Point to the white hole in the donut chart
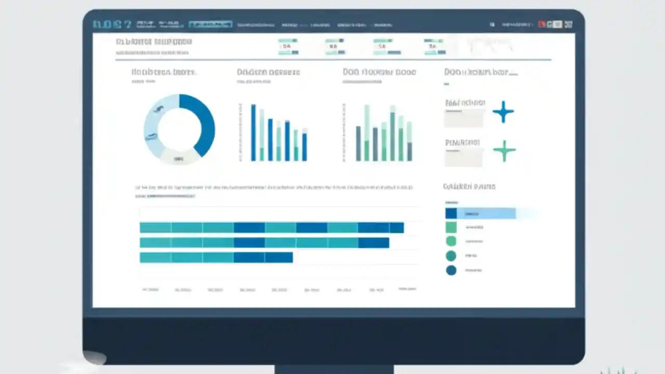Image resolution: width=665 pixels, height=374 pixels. pos(179,128)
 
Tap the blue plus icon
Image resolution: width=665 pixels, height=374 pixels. pos(503,112)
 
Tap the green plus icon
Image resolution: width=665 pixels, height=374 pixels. pos(504,151)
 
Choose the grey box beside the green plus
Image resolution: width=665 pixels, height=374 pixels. pos(463,157)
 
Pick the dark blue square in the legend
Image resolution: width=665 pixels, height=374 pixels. pos(451,213)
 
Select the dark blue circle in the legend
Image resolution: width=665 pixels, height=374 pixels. pos(451,270)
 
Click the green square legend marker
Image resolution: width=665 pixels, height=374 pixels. pos(451,227)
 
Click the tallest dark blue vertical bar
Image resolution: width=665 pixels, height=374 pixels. pos(254,132)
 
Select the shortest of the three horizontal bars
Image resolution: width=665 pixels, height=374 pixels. pos(216,257)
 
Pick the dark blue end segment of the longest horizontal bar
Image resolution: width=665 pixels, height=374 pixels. pos(396,228)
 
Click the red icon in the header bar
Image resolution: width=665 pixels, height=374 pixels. pos(542,24)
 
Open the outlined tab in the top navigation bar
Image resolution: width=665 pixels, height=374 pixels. pos(210,24)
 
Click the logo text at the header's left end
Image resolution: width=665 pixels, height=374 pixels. pos(111,24)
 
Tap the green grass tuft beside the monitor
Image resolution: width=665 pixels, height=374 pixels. pos(618,371)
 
